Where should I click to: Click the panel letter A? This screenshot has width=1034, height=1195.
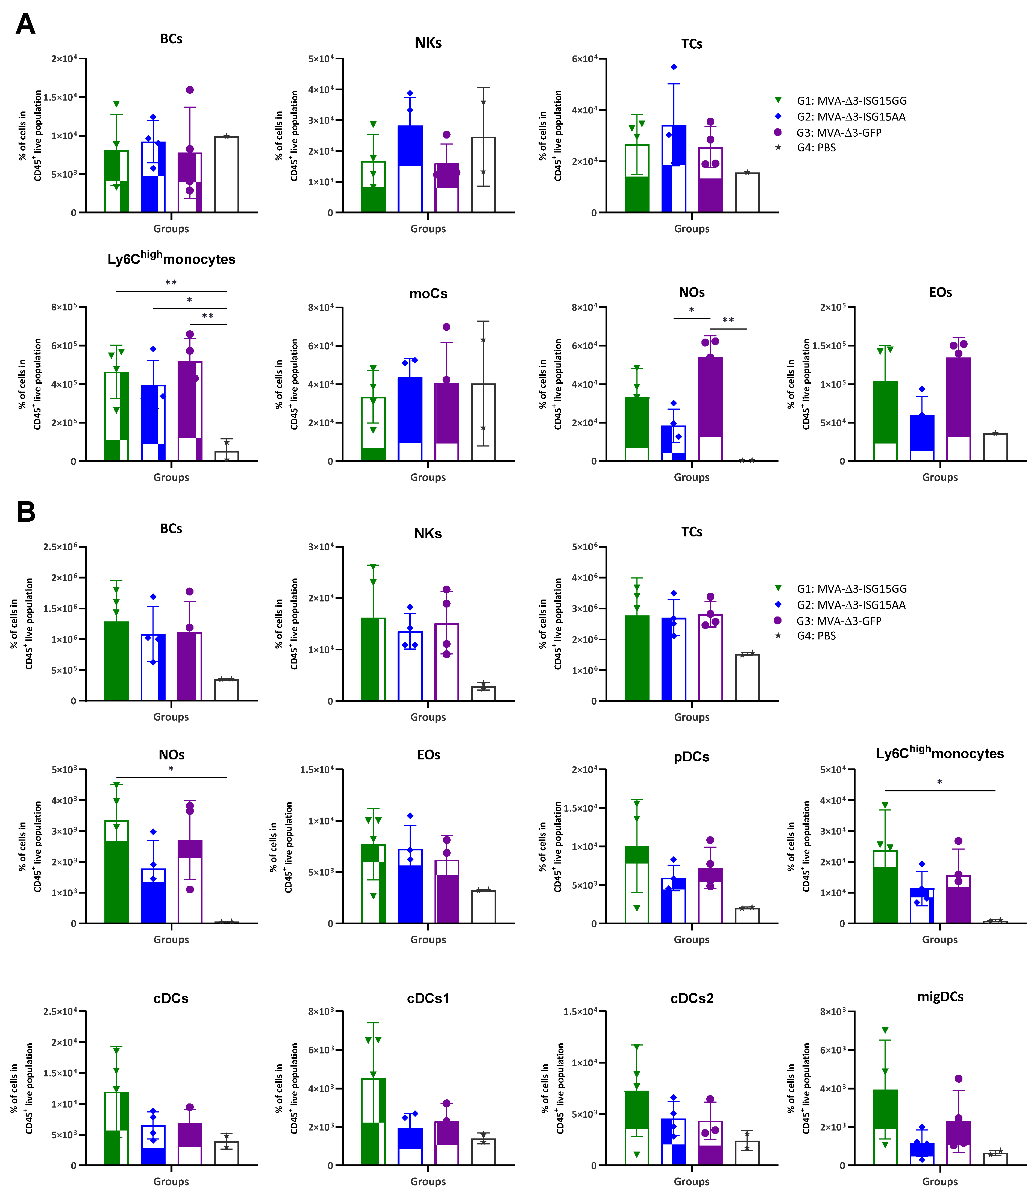25,24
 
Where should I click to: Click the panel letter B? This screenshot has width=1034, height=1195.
26,512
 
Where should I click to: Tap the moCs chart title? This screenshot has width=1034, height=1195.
428,294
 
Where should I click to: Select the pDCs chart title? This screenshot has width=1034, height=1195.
691,757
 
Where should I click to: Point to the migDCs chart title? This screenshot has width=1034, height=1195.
940,997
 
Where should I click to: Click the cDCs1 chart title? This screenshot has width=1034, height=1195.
428,998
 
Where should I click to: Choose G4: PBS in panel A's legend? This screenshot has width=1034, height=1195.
816,148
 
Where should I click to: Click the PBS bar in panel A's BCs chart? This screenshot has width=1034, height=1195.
226,174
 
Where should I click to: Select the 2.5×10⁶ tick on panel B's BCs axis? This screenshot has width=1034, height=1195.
60,547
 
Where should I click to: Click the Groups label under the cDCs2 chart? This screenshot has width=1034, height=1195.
691,1181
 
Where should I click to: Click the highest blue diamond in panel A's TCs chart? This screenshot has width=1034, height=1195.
673,67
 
